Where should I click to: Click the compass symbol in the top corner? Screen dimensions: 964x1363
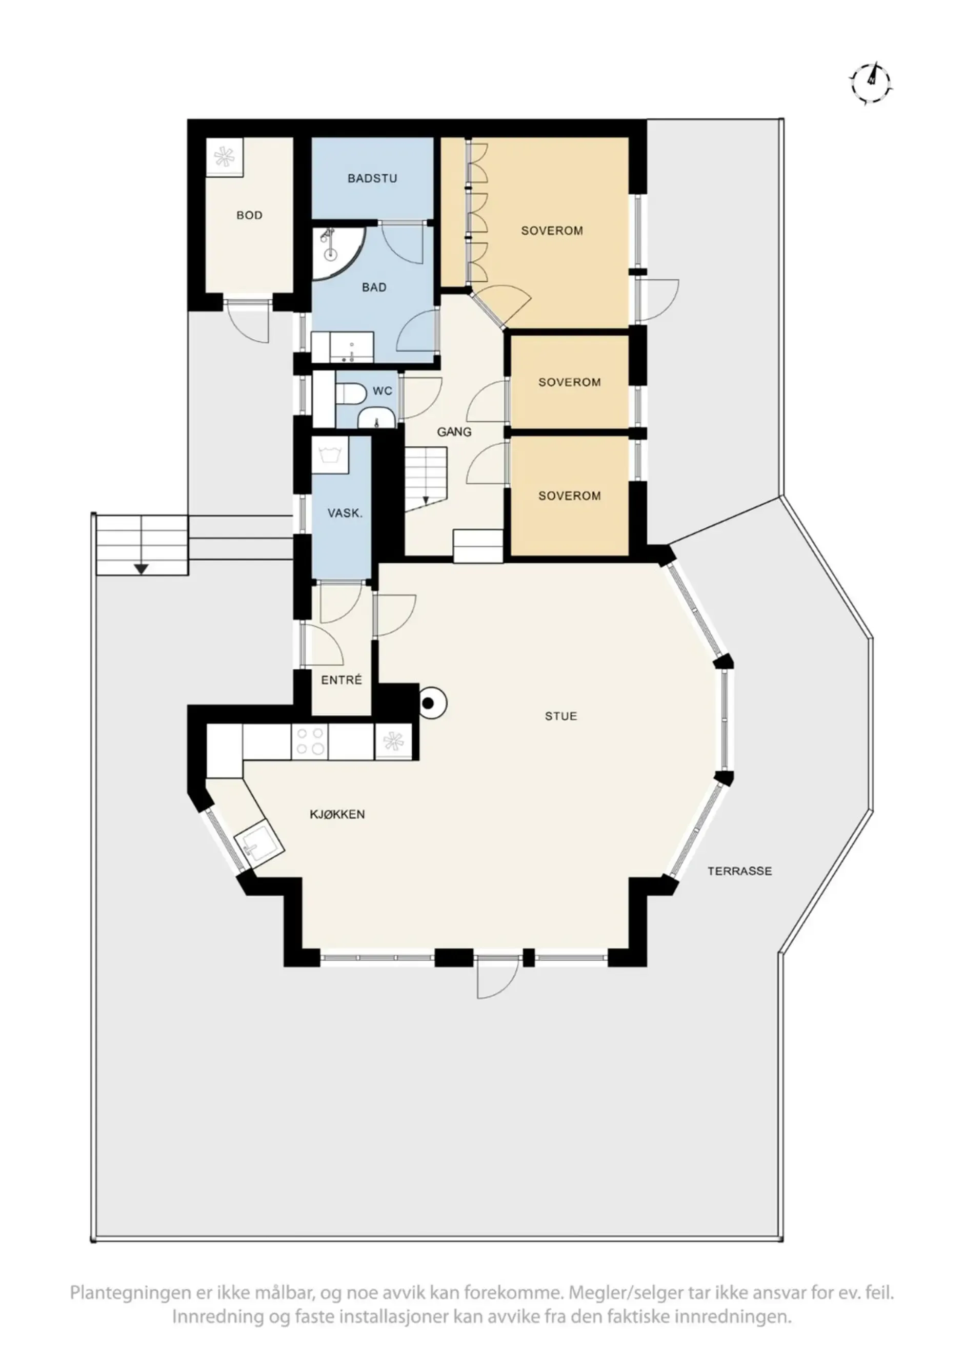(x=871, y=83)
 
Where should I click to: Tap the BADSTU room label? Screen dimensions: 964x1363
(x=372, y=178)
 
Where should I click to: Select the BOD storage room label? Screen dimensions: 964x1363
(x=250, y=216)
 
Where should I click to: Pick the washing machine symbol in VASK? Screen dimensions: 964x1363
(x=330, y=456)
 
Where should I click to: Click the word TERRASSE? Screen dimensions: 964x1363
(x=739, y=872)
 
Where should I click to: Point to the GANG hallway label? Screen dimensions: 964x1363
(x=454, y=432)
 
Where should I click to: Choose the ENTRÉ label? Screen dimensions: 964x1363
(x=342, y=680)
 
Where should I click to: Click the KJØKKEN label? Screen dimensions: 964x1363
(x=337, y=815)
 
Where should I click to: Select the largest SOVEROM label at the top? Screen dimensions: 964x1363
(x=552, y=231)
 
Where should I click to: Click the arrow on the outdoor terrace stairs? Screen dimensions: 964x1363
(x=141, y=568)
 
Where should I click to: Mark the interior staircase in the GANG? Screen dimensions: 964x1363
(x=426, y=480)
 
